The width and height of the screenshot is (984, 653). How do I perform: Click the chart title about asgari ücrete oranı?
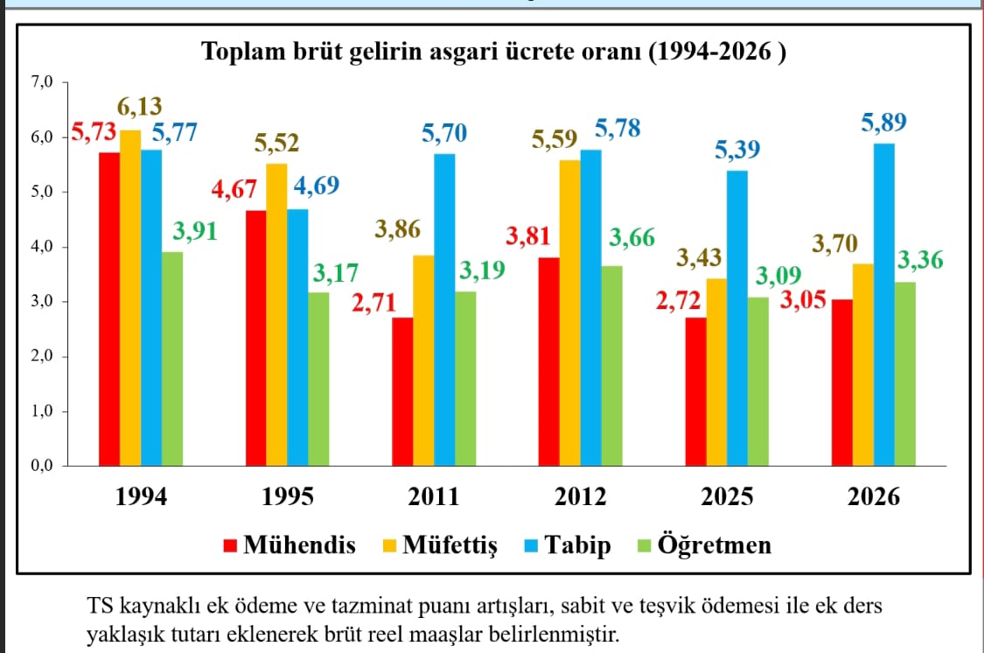(x=494, y=52)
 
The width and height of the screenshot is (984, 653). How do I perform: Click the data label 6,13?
(x=141, y=108)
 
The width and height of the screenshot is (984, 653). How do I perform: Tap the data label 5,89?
(x=883, y=123)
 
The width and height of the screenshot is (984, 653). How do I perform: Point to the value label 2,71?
(x=374, y=304)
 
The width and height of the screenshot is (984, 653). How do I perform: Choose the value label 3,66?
(x=631, y=238)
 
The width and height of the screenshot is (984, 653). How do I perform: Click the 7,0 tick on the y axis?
(x=42, y=82)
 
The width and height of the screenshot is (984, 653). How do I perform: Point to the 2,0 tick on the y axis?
(x=42, y=356)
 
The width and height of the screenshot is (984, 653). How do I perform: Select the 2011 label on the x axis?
(x=433, y=497)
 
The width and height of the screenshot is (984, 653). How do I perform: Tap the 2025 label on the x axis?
(x=727, y=497)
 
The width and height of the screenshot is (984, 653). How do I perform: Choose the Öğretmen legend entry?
(x=715, y=545)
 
